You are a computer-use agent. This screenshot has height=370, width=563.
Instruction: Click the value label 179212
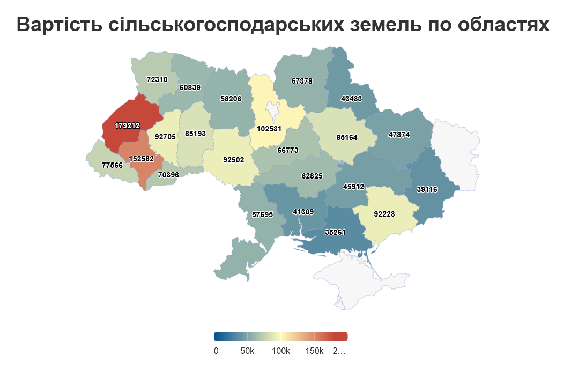pos(127,125)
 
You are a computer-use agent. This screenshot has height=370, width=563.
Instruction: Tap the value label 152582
pos(142,159)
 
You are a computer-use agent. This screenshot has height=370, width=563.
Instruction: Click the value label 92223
pos(384,214)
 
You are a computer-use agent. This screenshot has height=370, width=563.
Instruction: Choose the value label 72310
pos(157,79)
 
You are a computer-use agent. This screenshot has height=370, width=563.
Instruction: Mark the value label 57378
pos(302,81)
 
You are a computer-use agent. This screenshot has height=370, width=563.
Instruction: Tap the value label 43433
pos(352,99)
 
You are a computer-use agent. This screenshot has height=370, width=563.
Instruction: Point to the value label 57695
pos(263,214)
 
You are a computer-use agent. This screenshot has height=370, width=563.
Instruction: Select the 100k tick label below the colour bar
pos(280,351)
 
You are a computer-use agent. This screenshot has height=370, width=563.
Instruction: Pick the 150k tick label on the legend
pos(314,351)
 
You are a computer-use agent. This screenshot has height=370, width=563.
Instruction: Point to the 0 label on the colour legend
pos(216,351)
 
